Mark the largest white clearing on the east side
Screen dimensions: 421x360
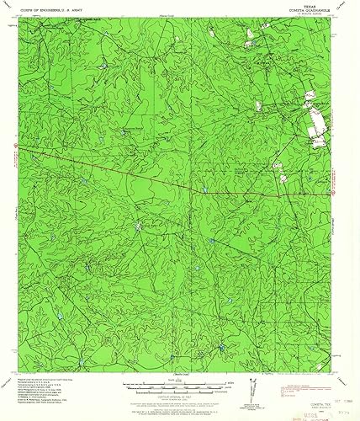pos(317,129)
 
